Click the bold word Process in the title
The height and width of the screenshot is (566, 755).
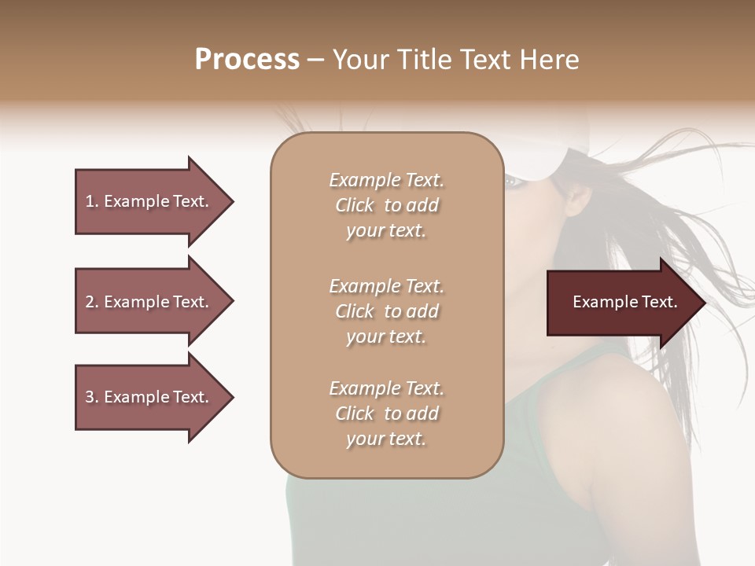(247, 60)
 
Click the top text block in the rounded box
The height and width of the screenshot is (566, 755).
(386, 205)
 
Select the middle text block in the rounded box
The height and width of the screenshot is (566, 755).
(386, 311)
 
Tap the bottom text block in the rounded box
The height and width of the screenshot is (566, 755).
(386, 413)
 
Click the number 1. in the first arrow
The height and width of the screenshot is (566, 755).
(92, 201)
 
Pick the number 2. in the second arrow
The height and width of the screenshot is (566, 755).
(92, 302)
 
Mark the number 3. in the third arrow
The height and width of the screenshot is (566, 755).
(92, 397)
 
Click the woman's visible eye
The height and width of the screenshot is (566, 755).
(512, 181)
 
